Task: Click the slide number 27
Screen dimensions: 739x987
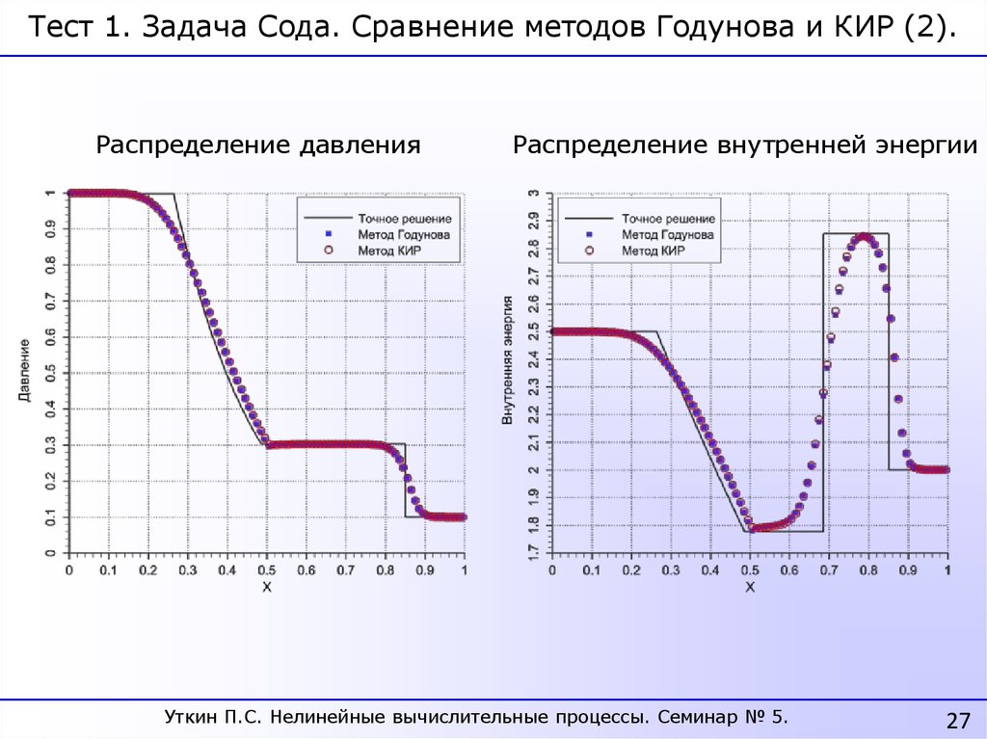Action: click(x=956, y=721)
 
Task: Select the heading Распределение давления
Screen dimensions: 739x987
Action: click(x=258, y=145)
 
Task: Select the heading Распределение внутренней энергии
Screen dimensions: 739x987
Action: click(x=745, y=145)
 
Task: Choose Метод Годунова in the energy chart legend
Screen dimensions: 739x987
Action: click(x=667, y=234)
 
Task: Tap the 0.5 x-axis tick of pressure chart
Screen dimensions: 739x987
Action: click(x=266, y=570)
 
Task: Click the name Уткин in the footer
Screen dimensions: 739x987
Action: click(x=192, y=717)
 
